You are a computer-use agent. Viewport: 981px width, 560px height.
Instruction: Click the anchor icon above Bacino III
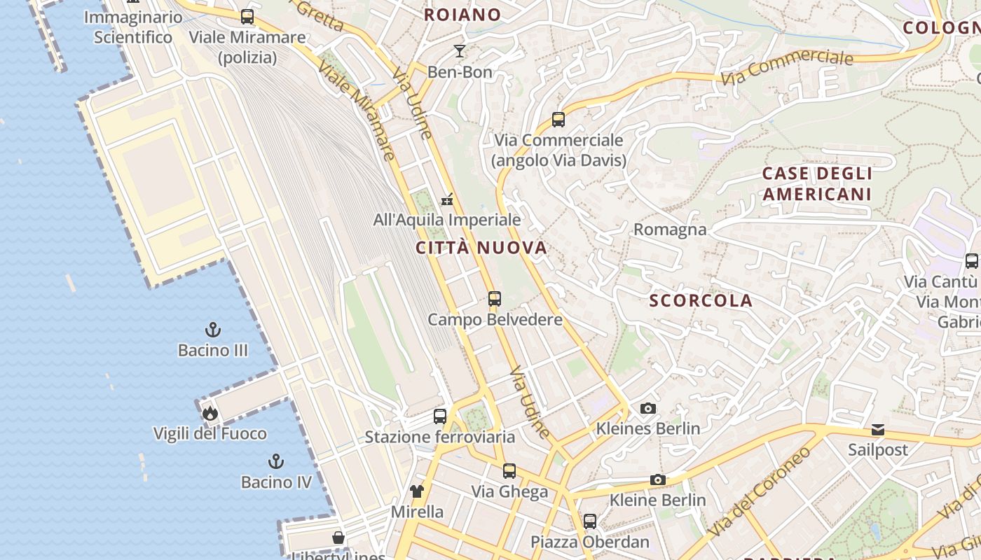(213, 329)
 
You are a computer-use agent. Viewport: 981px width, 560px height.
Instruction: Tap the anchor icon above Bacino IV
(276, 461)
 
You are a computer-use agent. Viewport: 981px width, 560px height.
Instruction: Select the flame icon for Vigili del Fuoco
(210, 413)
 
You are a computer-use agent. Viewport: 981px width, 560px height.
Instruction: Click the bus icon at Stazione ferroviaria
(440, 416)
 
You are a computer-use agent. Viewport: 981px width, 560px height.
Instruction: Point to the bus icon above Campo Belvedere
(495, 299)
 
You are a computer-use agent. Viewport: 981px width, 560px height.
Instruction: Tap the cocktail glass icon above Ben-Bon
(460, 51)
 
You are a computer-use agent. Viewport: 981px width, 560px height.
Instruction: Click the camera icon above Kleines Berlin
(648, 408)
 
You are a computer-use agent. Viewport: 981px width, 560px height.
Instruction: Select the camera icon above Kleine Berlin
(657, 479)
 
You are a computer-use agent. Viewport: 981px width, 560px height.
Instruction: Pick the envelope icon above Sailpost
(878, 429)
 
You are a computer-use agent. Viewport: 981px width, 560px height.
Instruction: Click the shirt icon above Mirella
(417, 491)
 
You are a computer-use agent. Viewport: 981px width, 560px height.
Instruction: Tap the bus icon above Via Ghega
(509, 471)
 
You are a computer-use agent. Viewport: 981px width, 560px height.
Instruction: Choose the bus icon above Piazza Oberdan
(590, 521)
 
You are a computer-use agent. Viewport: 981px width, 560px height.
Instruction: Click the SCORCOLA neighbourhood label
(701, 301)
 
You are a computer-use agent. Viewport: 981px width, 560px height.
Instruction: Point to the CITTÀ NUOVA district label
(481, 248)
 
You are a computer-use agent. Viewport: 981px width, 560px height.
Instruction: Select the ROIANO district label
(462, 15)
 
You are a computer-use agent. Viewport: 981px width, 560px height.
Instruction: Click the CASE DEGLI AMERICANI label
(817, 184)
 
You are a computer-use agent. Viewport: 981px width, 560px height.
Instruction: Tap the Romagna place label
(670, 230)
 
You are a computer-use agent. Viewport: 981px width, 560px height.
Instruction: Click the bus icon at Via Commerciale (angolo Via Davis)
(558, 120)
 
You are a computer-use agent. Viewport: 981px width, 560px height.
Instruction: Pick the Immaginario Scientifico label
(133, 27)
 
